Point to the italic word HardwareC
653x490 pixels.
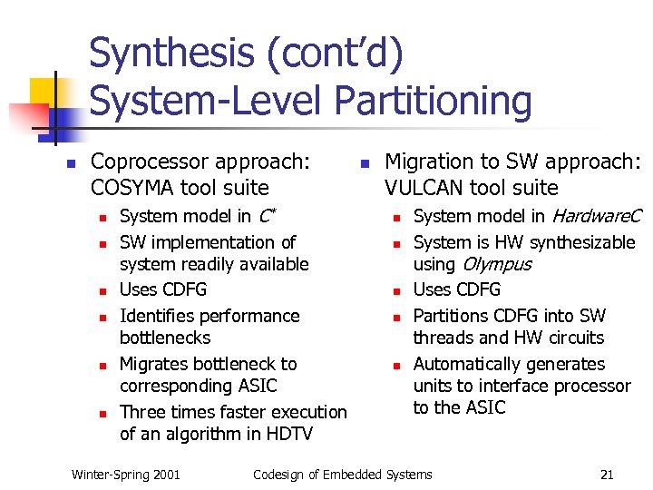tap(596, 216)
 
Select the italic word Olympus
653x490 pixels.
tap(497, 264)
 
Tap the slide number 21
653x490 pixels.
tap(607, 475)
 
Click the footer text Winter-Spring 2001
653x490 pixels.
tap(125, 475)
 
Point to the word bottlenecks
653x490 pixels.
tap(165, 338)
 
